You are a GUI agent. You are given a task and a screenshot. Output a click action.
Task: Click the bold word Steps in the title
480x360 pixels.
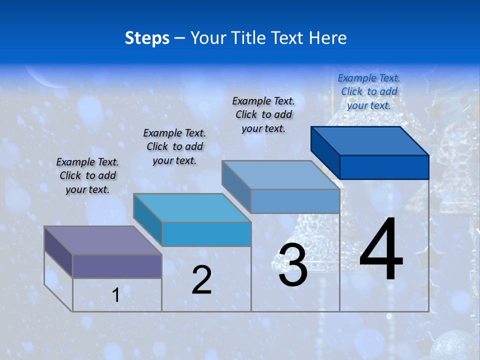click(x=147, y=38)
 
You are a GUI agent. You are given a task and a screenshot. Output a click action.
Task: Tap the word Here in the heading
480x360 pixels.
click(x=327, y=38)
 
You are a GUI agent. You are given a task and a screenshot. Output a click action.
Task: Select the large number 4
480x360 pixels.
click(x=381, y=250)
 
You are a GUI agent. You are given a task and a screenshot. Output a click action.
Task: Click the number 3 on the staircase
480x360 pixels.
click(x=292, y=265)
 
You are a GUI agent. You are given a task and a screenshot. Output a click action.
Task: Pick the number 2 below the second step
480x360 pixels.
click(x=201, y=279)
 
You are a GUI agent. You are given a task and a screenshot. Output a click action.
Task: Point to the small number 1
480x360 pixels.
click(x=115, y=295)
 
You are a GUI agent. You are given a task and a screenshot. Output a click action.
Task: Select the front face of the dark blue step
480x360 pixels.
click(x=384, y=167)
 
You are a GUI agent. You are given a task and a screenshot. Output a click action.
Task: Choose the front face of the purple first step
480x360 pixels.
click(x=117, y=266)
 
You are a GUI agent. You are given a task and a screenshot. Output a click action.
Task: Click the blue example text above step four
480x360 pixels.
click(x=369, y=91)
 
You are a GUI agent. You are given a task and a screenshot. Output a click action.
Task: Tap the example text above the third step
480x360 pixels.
click(x=263, y=114)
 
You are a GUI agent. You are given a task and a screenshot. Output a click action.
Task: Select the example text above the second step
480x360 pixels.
click(x=174, y=146)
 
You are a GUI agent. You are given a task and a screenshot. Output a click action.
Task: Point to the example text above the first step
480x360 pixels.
click(x=87, y=175)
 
